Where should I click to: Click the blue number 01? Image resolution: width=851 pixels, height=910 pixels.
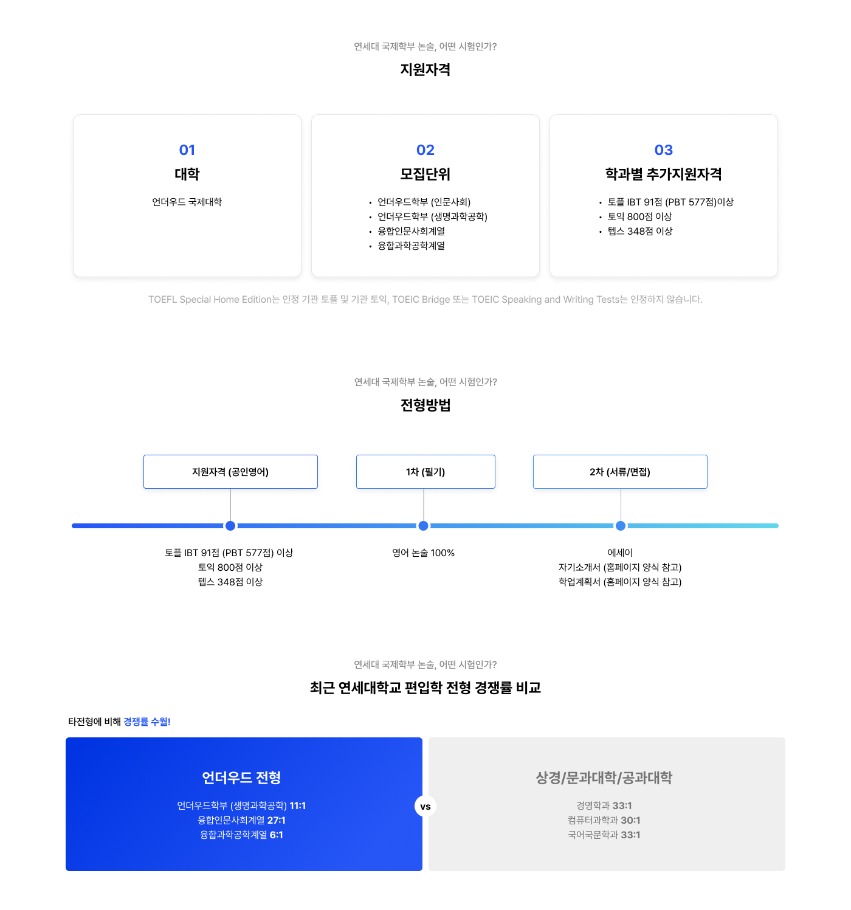coord(187,150)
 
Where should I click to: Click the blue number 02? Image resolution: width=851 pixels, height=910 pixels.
coord(425,150)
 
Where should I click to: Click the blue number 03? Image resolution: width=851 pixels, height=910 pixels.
coord(664,150)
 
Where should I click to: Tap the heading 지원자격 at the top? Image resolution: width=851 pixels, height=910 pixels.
coord(425,69)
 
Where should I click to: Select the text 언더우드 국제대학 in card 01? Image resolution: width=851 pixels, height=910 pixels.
coord(187,202)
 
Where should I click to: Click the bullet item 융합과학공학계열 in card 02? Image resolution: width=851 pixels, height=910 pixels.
coord(411,246)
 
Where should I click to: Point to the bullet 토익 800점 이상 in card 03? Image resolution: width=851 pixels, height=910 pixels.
coord(639,216)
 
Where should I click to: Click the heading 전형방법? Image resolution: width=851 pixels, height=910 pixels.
coord(425,405)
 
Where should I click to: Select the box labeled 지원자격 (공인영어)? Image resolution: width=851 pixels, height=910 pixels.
coord(230,472)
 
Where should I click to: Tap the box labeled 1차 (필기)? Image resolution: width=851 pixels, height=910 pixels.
coord(425,472)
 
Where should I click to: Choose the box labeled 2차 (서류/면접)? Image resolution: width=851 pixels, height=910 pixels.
coord(620,472)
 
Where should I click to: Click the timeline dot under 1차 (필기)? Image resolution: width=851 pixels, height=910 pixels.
coord(424,526)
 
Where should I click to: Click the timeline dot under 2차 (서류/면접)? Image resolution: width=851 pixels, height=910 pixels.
coord(621,526)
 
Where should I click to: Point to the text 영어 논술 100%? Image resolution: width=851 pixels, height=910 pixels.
coord(424,553)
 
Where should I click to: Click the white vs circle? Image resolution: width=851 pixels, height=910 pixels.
coord(425,807)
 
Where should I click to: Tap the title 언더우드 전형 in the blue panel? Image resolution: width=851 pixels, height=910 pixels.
coord(241,777)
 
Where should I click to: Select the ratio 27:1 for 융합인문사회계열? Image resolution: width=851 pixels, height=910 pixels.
coord(277,820)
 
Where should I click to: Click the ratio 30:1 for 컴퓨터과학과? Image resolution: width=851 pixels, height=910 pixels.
coord(630,820)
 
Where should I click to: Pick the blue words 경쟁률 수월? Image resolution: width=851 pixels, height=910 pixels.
coord(146,722)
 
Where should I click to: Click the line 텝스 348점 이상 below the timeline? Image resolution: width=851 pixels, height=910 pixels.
coord(230,582)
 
